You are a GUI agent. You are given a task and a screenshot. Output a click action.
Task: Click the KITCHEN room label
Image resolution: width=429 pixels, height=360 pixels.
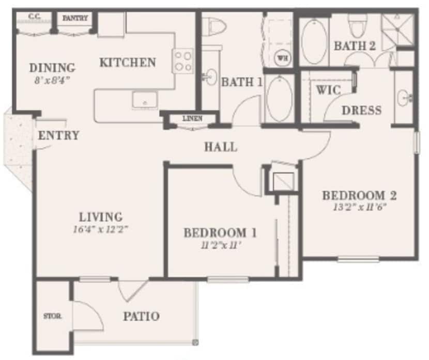click(x=128, y=63)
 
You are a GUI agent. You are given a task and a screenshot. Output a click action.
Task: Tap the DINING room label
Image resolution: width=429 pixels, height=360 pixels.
click(x=52, y=68)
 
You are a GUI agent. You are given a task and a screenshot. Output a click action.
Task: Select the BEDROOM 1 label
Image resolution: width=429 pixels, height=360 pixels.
click(x=221, y=233)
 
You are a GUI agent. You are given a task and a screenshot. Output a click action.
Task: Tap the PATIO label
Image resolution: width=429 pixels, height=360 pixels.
click(x=141, y=316)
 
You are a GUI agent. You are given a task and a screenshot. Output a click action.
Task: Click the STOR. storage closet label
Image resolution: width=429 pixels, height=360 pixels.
click(x=53, y=316)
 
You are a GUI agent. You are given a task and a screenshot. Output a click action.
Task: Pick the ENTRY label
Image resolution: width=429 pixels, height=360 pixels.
click(x=58, y=136)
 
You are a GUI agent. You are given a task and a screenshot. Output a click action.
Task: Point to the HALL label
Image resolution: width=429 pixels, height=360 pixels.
click(x=221, y=147)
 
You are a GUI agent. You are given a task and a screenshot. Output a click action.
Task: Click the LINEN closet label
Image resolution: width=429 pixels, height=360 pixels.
click(x=192, y=119)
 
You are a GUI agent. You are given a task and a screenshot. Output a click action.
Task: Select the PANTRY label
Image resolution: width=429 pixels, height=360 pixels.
click(x=75, y=18)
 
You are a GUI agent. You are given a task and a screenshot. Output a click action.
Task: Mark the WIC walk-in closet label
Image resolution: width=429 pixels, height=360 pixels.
click(x=328, y=90)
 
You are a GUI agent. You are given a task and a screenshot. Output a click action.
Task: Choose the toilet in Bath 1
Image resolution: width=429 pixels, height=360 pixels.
click(x=213, y=25)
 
